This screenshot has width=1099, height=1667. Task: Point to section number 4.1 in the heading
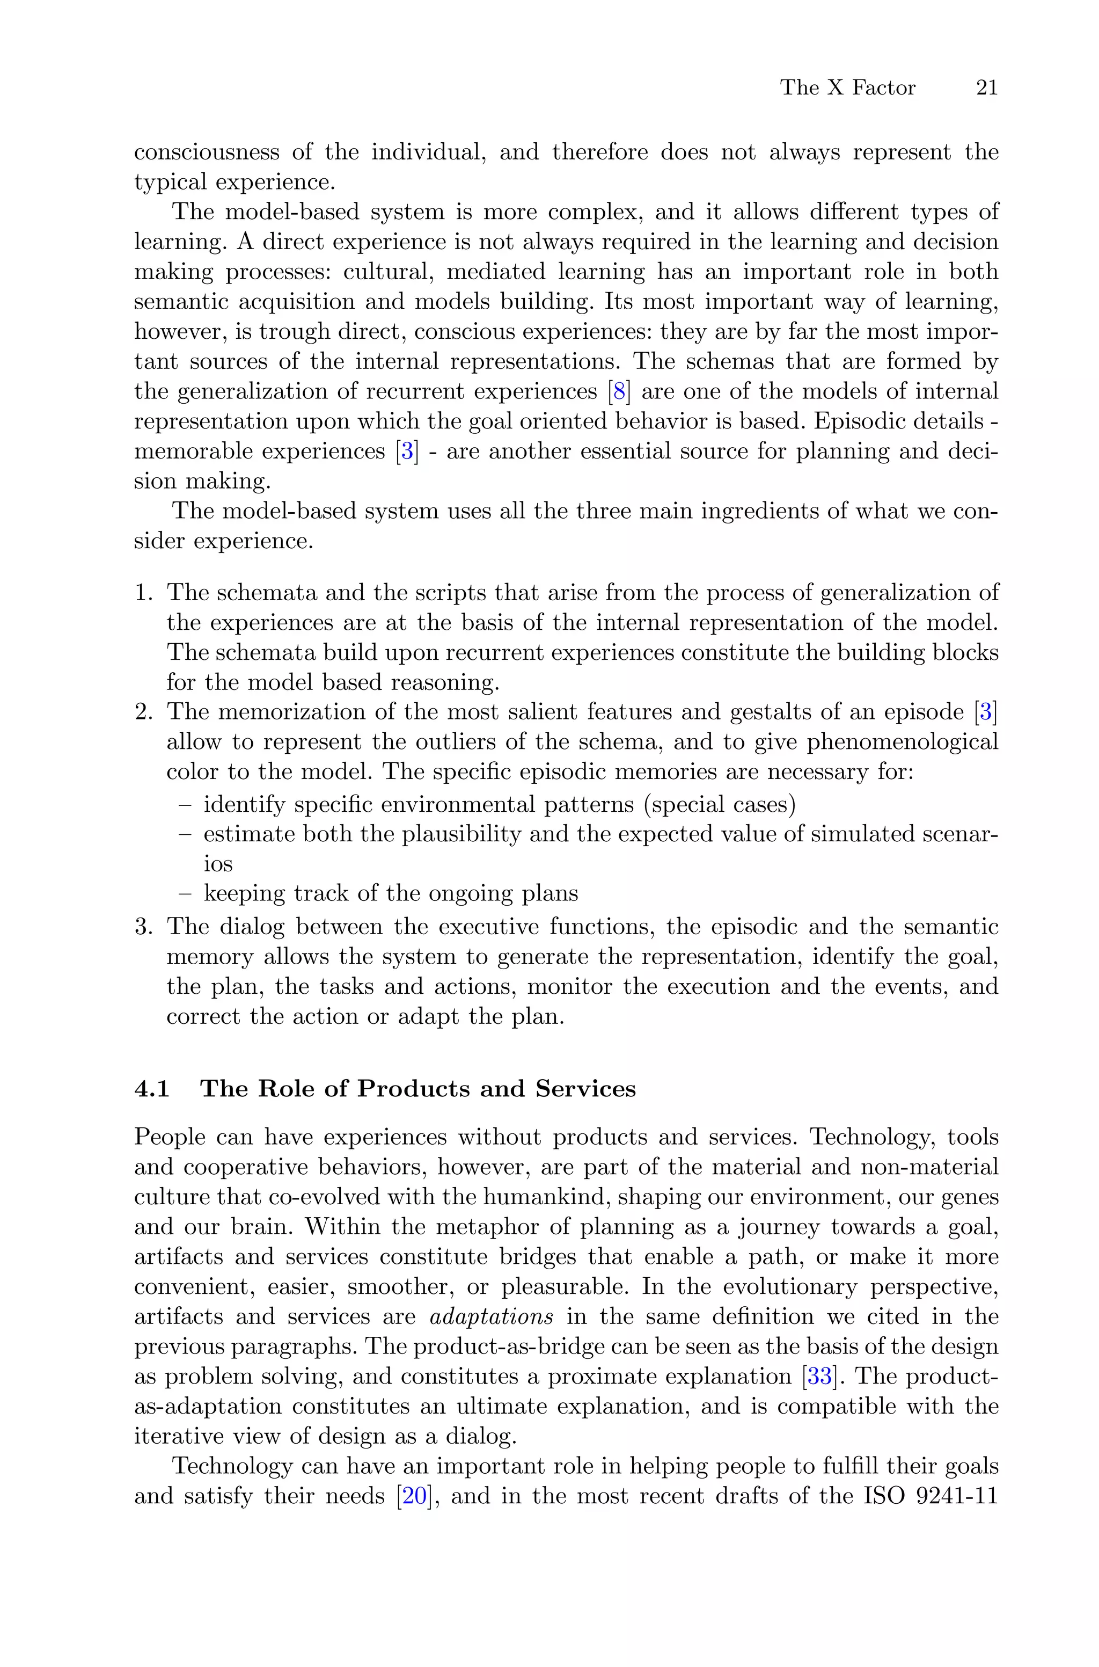152,1089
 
